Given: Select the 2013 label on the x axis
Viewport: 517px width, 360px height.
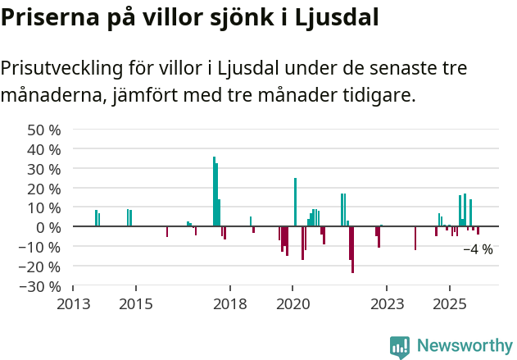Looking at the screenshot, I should tap(73, 304).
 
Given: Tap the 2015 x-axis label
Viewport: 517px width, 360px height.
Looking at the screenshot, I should tap(136, 304).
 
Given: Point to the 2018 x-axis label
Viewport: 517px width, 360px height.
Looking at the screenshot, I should tap(230, 304).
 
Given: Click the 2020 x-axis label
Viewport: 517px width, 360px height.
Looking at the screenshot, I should tap(293, 304).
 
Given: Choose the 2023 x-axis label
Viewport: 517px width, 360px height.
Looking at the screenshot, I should tap(388, 304).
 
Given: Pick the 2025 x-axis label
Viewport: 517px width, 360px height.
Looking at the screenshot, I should tap(450, 304).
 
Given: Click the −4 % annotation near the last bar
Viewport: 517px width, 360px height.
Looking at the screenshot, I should tap(478, 249).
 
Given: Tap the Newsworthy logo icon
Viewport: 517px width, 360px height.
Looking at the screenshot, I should tap(400, 347).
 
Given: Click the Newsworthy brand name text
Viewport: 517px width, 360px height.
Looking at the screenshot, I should tap(465, 346).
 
